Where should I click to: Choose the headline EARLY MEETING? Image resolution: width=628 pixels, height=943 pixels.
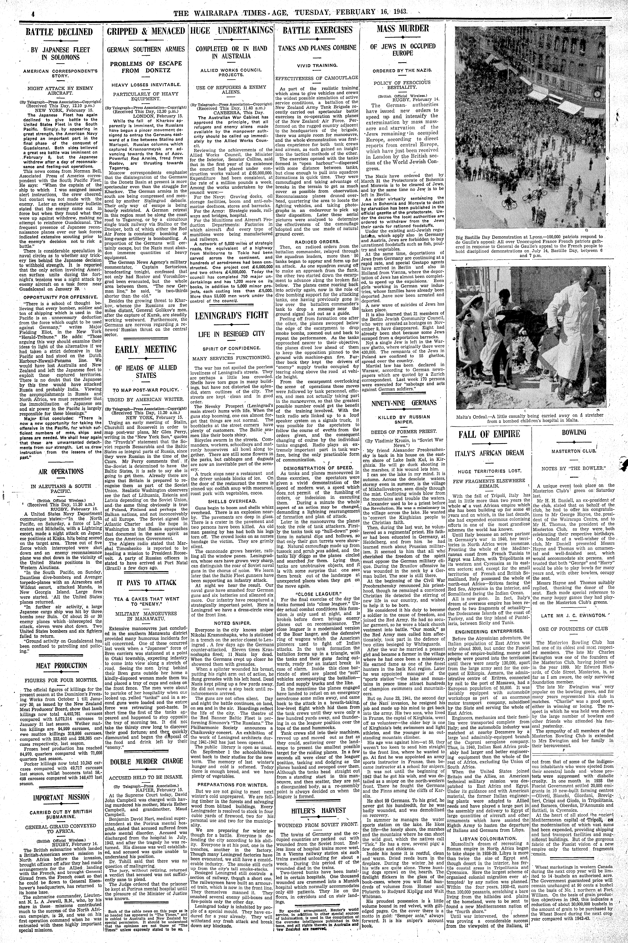point(146,349)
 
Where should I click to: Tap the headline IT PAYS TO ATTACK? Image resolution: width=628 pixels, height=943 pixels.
point(146,582)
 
